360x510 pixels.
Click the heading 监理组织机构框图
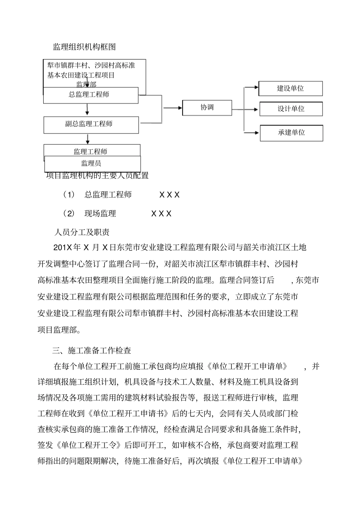click(84, 47)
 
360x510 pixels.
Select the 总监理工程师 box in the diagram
click(91, 95)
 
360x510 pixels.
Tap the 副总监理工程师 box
click(91, 125)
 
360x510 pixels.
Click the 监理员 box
click(92, 164)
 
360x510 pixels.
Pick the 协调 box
click(207, 108)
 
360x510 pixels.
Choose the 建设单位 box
click(290, 88)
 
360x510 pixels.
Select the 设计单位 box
click(291, 109)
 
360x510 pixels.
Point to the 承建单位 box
click(291, 133)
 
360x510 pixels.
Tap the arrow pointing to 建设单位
click(251, 88)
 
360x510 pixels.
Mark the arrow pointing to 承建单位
click(252, 132)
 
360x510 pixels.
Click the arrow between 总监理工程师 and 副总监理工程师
click(88, 109)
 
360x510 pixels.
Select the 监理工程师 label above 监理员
click(91, 151)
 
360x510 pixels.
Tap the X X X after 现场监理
click(161, 213)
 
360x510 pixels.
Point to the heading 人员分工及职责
click(82, 232)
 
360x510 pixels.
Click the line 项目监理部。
click(59, 330)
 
